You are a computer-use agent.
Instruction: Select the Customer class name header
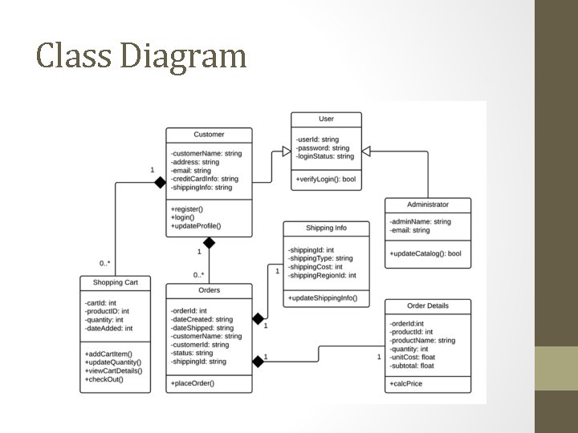tap(209, 135)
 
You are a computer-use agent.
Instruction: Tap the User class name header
tap(326, 119)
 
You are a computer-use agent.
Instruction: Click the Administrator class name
tap(428, 204)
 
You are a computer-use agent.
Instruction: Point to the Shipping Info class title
tap(326, 229)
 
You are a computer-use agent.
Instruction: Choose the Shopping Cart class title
tap(116, 282)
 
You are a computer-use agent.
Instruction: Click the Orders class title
tap(209, 290)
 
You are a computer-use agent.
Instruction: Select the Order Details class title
tap(428, 306)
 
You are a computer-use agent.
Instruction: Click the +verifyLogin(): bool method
tap(326, 179)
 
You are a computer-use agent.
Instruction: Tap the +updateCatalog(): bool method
tap(425, 254)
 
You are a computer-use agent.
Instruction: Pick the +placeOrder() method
tap(193, 384)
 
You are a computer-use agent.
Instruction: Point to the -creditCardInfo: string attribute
tap(205, 179)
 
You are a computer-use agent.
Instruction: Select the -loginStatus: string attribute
tap(324, 156)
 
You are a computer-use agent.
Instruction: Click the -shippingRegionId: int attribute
tap(322, 276)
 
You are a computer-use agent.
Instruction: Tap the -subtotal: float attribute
tap(412, 366)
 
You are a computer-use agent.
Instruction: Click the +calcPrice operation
tap(408, 384)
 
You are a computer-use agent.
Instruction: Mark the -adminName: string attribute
tap(420, 222)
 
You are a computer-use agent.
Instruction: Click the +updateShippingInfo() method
tap(323, 298)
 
